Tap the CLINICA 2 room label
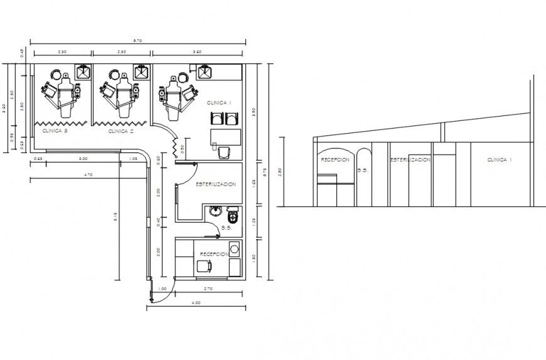(121, 132)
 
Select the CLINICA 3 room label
(55, 132)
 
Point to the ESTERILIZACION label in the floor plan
(215, 184)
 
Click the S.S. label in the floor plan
(227, 228)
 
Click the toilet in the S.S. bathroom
(233, 215)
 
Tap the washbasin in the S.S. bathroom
(215, 211)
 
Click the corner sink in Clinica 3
(83, 72)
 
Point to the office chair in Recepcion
(204, 266)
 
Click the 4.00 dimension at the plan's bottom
(196, 303)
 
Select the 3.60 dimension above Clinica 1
(197, 51)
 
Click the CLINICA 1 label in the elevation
(500, 161)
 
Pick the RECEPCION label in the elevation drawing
(335, 161)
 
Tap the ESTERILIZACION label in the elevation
(410, 161)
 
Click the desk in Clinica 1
(225, 137)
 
